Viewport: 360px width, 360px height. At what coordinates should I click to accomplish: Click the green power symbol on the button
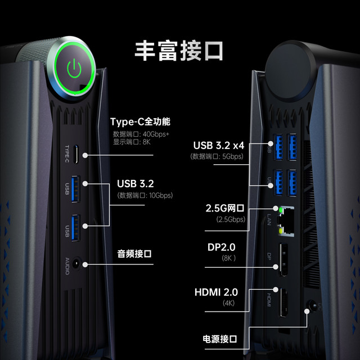pos(74,68)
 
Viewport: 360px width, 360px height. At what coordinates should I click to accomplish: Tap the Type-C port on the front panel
pos(76,154)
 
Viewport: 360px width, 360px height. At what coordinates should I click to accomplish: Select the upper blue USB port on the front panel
pos(75,189)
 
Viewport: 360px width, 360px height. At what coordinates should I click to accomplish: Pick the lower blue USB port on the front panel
pos(75,228)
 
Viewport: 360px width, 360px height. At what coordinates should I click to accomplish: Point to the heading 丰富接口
pos(179,51)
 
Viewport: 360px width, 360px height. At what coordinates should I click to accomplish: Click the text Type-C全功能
pos(140,121)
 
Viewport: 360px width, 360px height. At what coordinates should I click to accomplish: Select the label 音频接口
pos(134,254)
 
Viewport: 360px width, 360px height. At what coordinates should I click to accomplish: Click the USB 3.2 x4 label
pos(219,145)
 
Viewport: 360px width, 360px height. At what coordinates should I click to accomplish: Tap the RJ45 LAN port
pos(286,222)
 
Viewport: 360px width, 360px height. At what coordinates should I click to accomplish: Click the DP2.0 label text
pos(221,247)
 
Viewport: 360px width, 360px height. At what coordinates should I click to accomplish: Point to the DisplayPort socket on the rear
pos(283,259)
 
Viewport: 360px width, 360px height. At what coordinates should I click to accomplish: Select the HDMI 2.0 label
pos(216,292)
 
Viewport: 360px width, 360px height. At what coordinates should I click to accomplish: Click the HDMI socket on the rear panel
pos(283,303)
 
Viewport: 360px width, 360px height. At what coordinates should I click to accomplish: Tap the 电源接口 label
pos(220,339)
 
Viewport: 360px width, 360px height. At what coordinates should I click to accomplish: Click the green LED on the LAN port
pos(281,210)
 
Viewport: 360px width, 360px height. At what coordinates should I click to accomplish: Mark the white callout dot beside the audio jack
pos(85,265)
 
